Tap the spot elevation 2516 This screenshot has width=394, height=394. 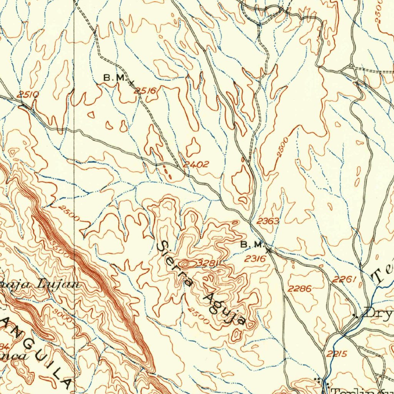tap(146, 91)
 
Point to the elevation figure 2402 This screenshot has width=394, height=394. tap(196, 165)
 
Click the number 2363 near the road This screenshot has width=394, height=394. tap(268, 221)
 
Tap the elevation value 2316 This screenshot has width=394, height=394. tap(255, 259)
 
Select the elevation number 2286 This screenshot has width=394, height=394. tap(300, 288)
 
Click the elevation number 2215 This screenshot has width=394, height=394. tap(337, 354)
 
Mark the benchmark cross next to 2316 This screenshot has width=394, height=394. tap(269, 250)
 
